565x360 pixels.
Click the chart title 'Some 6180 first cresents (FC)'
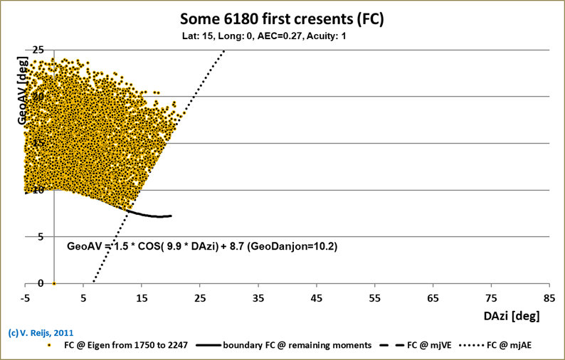[282, 18]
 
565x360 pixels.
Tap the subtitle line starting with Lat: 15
[282, 33]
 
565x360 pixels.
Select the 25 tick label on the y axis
[17, 50]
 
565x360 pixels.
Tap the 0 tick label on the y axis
[20, 283]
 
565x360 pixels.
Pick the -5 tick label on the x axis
[26, 297]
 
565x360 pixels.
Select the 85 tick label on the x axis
[549, 297]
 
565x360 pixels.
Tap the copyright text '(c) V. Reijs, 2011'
[40, 332]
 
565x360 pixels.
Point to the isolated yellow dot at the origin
[55, 283]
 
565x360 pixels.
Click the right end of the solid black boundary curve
[171, 216]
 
